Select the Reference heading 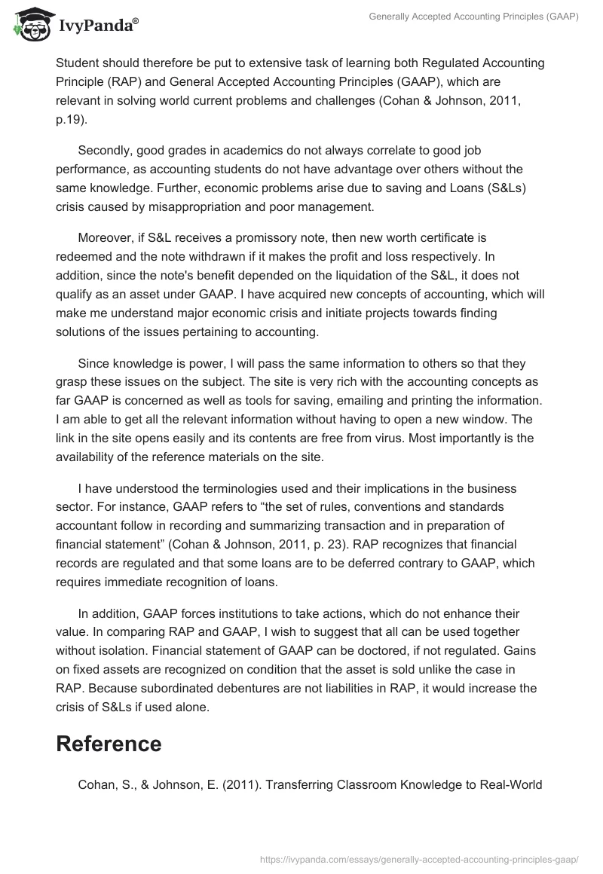109,743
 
